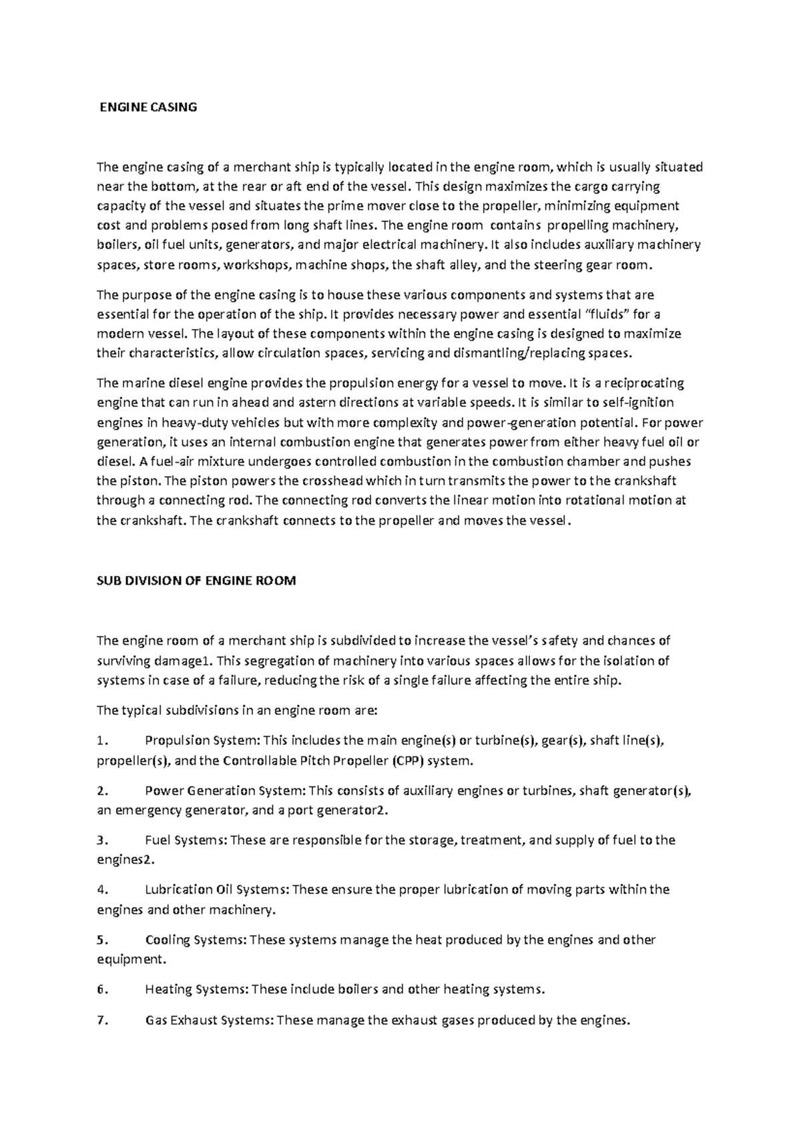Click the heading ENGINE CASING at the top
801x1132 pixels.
coord(148,107)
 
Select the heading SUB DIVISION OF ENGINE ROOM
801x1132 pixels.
coord(196,581)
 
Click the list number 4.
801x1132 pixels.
coord(101,890)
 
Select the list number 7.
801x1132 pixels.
coord(101,1021)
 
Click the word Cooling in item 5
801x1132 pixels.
coord(168,940)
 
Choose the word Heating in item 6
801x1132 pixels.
coord(168,989)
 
